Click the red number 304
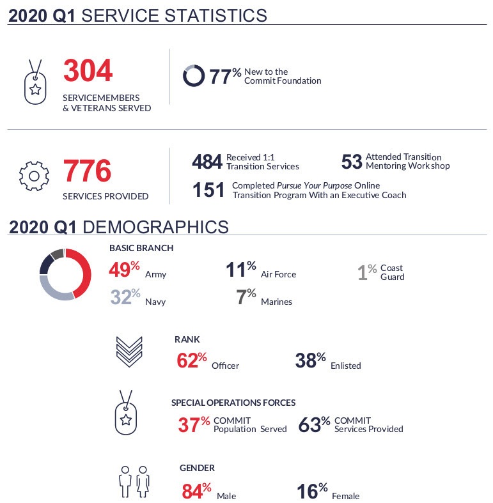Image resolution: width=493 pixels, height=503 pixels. [88, 71]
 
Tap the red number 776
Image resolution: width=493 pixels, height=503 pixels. [87, 171]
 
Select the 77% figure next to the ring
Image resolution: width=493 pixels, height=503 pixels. [225, 77]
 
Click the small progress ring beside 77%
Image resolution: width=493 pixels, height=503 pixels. [194, 75]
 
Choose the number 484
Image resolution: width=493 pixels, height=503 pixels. [207, 162]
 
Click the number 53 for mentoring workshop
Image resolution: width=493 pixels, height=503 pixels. [352, 162]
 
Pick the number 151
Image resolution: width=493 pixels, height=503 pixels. [208, 190]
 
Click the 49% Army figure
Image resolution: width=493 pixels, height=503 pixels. [123, 270]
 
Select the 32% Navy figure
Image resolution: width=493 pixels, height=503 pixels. [124, 297]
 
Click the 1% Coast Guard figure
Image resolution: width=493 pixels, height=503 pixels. [367, 272]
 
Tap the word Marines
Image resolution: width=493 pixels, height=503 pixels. [276, 302]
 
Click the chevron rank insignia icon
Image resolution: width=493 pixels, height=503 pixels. [129, 353]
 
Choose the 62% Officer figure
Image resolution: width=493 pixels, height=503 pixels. [191, 361]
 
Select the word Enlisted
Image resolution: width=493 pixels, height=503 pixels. [345, 366]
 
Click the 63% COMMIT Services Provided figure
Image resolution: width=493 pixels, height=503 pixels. [314, 424]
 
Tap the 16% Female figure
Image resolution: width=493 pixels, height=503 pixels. [312, 491]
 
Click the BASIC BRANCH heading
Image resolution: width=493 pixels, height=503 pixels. [141, 248]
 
